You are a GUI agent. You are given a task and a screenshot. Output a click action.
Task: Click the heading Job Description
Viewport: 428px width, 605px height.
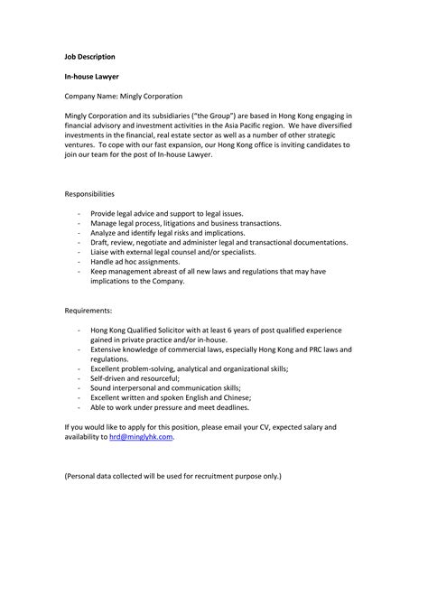click(89, 56)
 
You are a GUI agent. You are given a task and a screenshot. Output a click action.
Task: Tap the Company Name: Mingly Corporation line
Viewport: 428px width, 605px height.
click(123, 96)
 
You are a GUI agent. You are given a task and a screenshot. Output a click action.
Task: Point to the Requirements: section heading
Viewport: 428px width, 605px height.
click(88, 310)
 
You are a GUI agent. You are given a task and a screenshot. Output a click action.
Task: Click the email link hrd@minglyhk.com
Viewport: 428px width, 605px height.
click(140, 436)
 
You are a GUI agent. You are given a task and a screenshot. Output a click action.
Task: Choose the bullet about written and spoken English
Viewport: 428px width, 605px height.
click(171, 397)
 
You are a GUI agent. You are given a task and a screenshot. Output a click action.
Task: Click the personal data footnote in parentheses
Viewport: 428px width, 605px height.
click(172, 475)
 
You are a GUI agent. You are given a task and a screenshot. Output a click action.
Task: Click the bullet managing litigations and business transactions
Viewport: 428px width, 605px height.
click(186, 223)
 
